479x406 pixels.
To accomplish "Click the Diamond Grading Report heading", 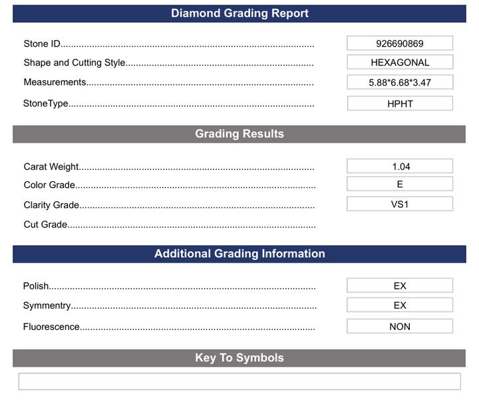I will click(239, 13).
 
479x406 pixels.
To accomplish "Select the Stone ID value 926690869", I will click(399, 44).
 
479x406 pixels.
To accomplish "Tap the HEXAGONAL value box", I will click(399, 63).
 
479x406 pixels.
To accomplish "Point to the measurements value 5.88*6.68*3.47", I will click(399, 83).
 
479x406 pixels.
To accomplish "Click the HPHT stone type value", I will click(400, 104).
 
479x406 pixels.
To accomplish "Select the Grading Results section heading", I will click(239, 134).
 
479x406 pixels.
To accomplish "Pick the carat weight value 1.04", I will click(399, 167).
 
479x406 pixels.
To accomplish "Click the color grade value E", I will click(399, 185).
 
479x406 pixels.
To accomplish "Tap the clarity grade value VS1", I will click(399, 204).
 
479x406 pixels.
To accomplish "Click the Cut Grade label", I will click(45, 225).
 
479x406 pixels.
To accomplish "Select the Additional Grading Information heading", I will click(239, 254).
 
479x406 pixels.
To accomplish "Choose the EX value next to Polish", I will click(399, 286).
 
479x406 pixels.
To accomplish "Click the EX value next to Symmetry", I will click(399, 305).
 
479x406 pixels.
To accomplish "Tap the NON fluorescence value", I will click(399, 327).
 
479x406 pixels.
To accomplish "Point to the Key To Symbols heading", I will click(239, 358).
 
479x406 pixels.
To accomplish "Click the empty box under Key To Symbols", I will click(239, 381).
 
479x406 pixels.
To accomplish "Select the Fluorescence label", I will click(51, 327).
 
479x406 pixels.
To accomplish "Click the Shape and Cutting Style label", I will click(75, 63).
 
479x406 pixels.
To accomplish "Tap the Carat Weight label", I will click(51, 167).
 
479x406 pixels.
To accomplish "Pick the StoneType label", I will click(46, 104).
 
